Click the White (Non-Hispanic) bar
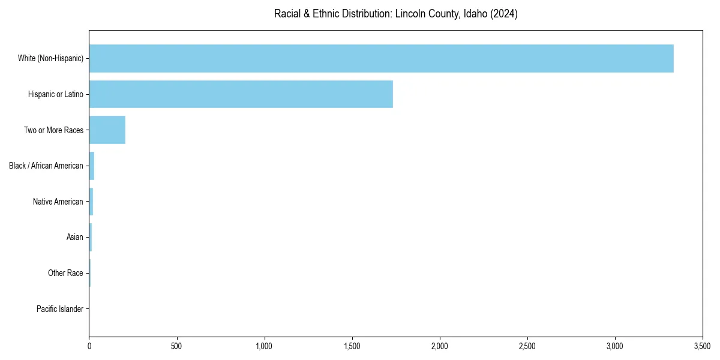[x=381, y=58]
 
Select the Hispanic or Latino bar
[x=241, y=94]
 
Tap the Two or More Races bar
[x=107, y=130]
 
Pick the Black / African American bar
[x=92, y=166]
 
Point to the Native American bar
[x=91, y=202]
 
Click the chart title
[x=395, y=14]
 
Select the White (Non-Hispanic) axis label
[x=50, y=58]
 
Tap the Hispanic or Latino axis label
[x=55, y=94]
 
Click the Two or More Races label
[x=53, y=130]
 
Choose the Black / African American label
[x=46, y=166]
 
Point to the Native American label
[x=58, y=202]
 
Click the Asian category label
[x=74, y=238]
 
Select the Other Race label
[x=65, y=273]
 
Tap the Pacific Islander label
[x=59, y=309]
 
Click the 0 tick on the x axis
[x=89, y=346]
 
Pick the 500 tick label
[x=176, y=346]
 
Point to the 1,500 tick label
[x=352, y=346]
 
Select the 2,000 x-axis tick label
[x=440, y=346]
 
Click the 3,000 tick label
[x=615, y=346]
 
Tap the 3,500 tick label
[x=702, y=346]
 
